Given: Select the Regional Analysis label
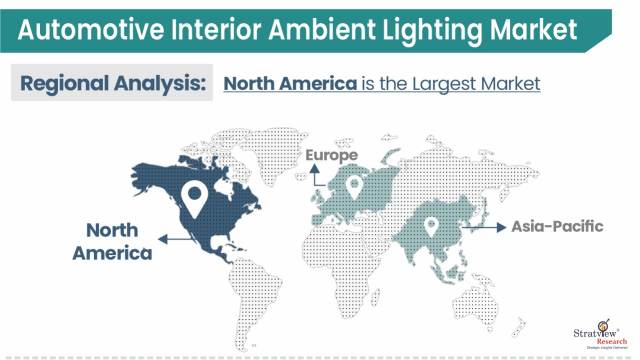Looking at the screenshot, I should (x=112, y=83).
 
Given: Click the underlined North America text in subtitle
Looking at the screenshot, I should (x=289, y=83).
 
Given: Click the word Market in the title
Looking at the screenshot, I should (x=536, y=30).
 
